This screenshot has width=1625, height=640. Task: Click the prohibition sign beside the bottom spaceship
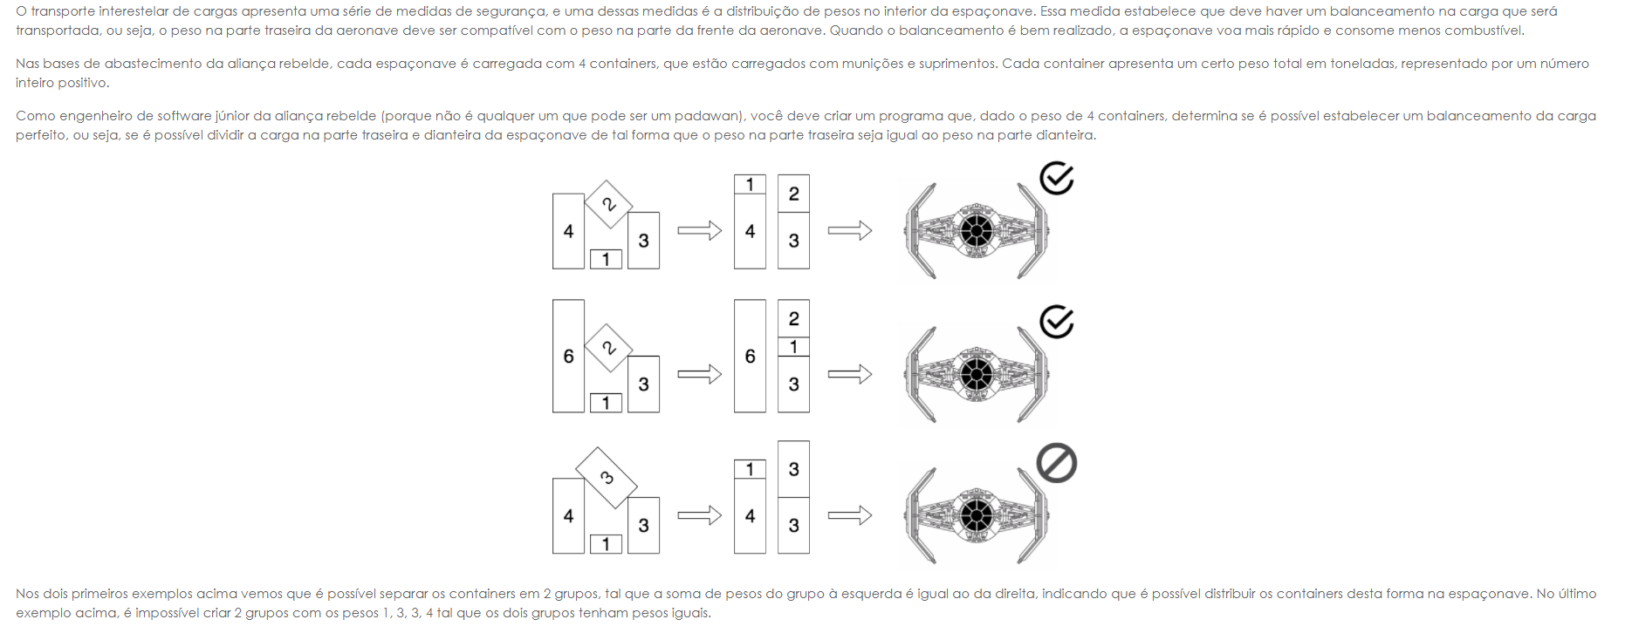click(1056, 463)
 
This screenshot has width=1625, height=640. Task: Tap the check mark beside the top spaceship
click(1056, 179)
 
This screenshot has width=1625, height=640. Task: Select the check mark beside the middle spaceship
click(1056, 322)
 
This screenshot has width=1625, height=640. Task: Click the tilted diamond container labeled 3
click(607, 477)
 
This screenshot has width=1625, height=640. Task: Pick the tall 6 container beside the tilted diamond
click(568, 356)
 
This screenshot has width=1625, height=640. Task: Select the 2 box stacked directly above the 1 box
click(793, 318)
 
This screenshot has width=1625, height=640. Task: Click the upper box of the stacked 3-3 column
click(793, 469)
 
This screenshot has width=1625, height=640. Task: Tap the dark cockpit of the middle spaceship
click(977, 374)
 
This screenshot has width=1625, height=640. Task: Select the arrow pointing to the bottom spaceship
click(850, 515)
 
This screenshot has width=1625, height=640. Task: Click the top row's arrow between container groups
click(699, 231)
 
